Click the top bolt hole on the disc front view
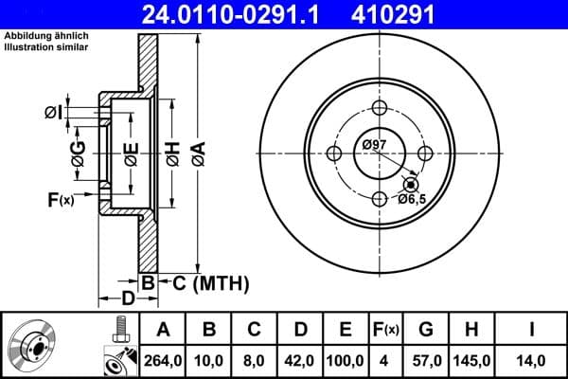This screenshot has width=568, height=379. (380, 107)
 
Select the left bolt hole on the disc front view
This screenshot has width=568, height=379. (333, 153)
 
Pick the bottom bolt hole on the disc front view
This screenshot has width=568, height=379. (380, 199)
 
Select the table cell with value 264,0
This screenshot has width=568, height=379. (162, 360)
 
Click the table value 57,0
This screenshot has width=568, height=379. (426, 360)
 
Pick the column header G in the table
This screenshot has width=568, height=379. (426, 330)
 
